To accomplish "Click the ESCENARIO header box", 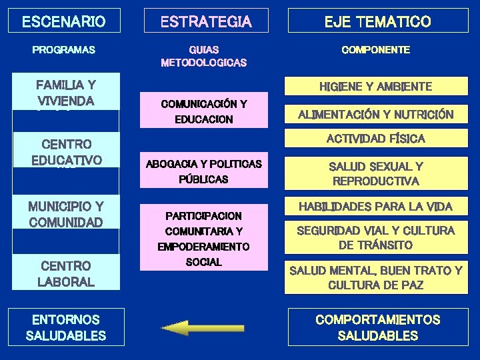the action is pos(63,21).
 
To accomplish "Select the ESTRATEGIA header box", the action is pos(206,21).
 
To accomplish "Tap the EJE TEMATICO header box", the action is pos(377,21).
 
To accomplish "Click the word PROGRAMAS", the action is pos(64,50).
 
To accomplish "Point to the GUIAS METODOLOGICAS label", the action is pos(203,56).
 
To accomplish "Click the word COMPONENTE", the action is pos(375,50).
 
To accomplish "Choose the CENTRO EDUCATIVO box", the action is pos(65,151).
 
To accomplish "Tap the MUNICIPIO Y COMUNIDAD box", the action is pos(65,213).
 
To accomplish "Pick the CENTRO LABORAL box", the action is pos(65,273).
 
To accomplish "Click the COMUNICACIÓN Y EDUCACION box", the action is pos(203,111).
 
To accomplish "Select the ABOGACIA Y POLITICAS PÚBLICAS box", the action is pos(203,171).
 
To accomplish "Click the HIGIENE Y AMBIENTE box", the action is pos(375,87).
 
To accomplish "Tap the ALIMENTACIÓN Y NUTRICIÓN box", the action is pos(375,114).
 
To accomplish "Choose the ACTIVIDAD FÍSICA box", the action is pos(375,139).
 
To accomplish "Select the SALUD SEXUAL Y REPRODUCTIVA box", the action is pos(375,173).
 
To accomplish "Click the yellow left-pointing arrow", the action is pos(184,327).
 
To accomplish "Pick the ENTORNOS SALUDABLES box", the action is pos(65,327).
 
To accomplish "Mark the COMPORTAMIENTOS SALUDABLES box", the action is pos(377,327).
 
